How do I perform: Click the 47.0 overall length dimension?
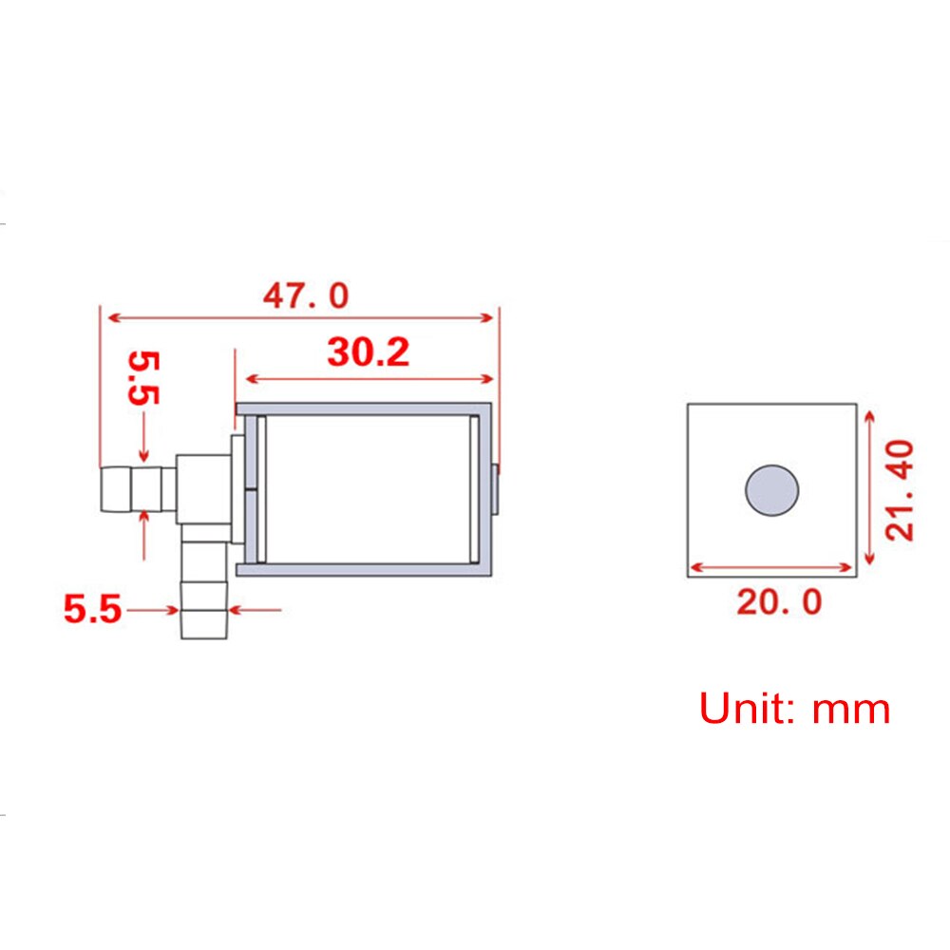coord(306,296)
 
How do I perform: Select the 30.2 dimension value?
coord(368,352)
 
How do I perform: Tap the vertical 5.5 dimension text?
coord(145,378)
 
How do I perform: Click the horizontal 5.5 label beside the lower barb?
coord(92,609)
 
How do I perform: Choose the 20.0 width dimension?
coord(779,601)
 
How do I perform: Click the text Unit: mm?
coord(794,710)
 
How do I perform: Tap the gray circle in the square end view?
coord(771,490)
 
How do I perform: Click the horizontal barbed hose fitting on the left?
coord(136,488)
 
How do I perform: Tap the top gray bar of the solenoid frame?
coord(366,409)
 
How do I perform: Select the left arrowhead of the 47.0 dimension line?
coord(110,317)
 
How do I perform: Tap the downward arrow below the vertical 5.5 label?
coord(143,458)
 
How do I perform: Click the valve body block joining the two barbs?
coord(203,488)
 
